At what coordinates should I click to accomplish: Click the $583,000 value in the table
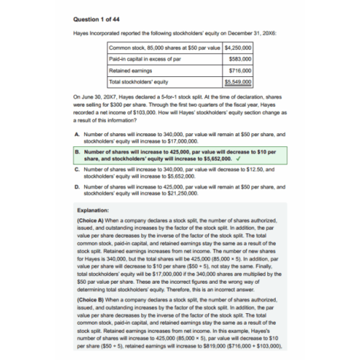[x=239, y=59]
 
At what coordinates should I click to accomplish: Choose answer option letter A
[x=77, y=134]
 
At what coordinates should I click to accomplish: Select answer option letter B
[x=77, y=153]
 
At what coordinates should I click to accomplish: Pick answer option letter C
[x=77, y=169]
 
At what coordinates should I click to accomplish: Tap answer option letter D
[x=77, y=187]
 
